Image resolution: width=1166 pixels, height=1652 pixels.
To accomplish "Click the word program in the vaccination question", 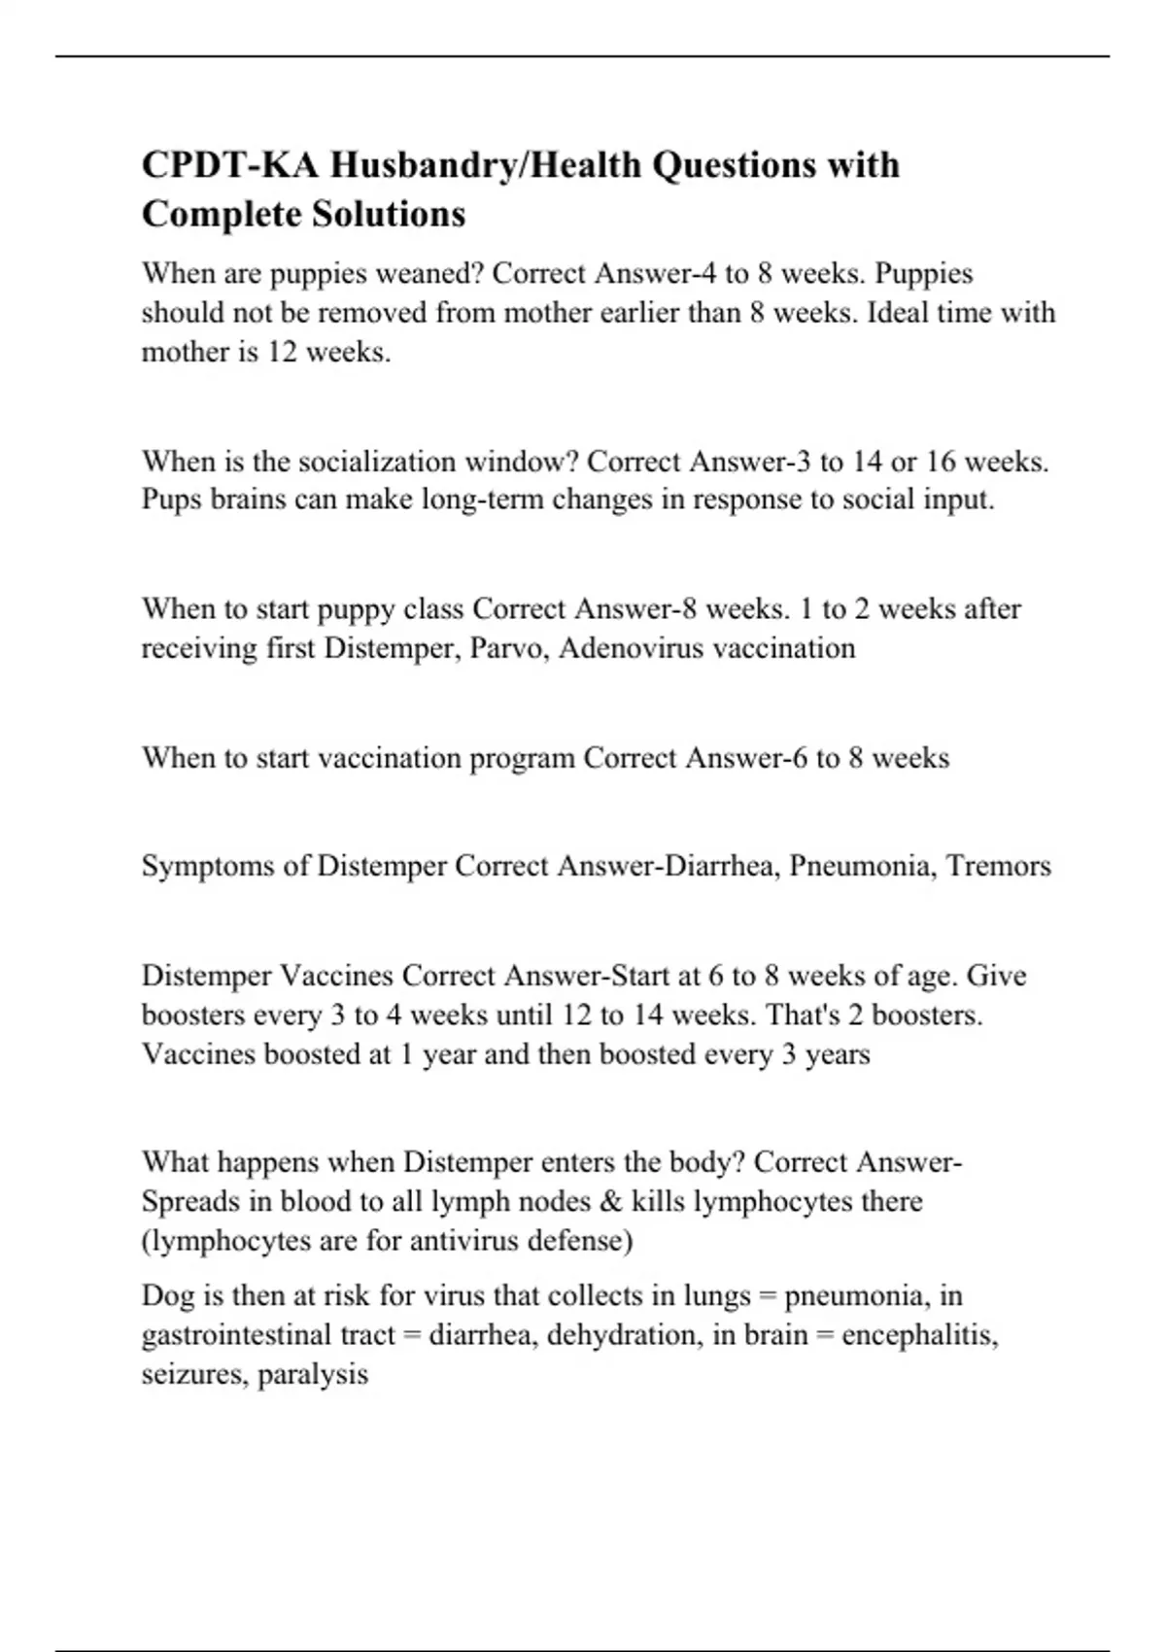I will [x=522, y=758].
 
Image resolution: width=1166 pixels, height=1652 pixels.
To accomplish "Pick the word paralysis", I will [x=313, y=1375].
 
